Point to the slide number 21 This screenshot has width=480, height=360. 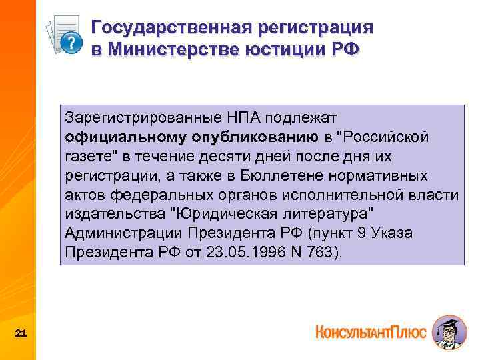tap(21, 333)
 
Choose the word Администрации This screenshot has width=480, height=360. tap(124, 233)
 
